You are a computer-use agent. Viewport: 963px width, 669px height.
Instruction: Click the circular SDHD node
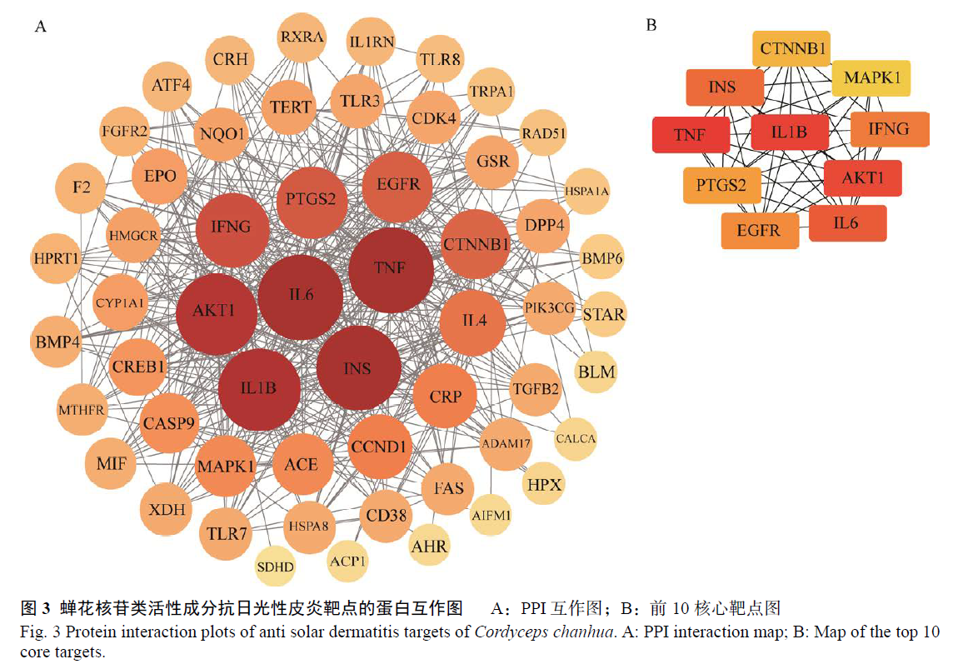[x=275, y=566]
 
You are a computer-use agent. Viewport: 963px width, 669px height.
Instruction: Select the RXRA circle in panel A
[x=302, y=37]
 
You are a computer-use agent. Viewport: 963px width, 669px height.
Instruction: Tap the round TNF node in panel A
[x=391, y=269]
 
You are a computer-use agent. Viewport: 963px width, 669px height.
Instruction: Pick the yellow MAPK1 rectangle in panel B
[x=871, y=78]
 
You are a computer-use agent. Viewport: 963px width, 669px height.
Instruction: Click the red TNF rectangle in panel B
[x=691, y=134]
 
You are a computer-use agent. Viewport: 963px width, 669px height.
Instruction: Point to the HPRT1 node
[x=57, y=258]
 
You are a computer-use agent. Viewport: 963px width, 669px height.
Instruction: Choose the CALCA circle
[x=575, y=438]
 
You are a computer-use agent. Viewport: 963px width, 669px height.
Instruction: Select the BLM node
[x=596, y=372]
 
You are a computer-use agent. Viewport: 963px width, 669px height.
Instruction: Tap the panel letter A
[x=41, y=27]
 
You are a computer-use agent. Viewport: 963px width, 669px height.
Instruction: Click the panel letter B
[x=651, y=25]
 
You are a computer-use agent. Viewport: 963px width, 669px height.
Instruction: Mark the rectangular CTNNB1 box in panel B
[x=791, y=48]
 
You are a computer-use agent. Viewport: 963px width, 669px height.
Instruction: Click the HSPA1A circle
[x=586, y=191]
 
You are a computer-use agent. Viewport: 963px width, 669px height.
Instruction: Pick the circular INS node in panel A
[x=359, y=368]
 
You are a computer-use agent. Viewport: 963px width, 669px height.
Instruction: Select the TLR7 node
[x=227, y=533]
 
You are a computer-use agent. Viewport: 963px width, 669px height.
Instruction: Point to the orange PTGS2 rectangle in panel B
[x=721, y=185]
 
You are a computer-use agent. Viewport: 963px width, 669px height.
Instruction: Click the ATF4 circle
[x=170, y=85]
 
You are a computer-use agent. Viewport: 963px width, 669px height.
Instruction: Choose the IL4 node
[x=473, y=321]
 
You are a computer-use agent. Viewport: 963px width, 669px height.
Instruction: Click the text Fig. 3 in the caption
[x=40, y=632]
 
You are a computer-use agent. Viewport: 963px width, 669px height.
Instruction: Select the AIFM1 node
[x=491, y=515]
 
